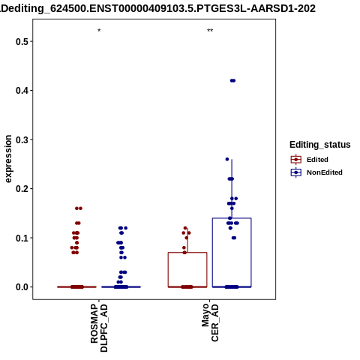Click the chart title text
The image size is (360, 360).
click(157, 8)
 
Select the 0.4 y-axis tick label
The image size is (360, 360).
click(22, 91)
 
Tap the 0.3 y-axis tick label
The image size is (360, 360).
click(22, 139)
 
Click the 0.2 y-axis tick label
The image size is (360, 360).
click(22, 189)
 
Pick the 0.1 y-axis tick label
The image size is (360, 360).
click(22, 238)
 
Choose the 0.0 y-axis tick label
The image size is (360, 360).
click(22, 287)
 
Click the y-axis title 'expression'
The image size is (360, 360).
click(8, 159)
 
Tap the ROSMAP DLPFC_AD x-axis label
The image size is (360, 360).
click(99, 328)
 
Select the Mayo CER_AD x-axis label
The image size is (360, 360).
click(210, 322)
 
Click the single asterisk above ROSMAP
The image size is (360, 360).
click(99, 31)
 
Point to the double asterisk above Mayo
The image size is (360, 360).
click(210, 31)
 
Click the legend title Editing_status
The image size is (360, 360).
click(320, 145)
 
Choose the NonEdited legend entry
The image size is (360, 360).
click(316, 172)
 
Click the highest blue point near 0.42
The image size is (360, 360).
click(232, 80)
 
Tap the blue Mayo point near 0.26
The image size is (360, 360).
click(227, 159)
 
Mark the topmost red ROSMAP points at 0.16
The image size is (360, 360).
click(79, 208)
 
